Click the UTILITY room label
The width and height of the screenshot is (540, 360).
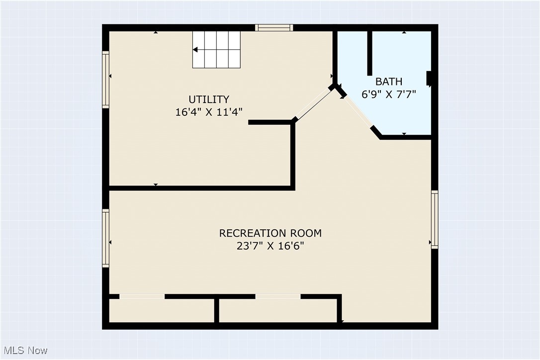coord(209,99)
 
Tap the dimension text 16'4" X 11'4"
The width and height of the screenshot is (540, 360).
coord(209,112)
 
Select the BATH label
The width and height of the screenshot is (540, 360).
coord(389,82)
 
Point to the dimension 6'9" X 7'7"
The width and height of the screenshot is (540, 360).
coord(389,93)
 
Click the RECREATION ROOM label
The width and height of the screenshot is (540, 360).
coord(270,233)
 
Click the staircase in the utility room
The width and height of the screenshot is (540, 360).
coord(217,49)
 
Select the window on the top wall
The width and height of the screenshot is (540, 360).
coord(274,28)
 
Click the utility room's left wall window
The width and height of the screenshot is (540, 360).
coord(105,80)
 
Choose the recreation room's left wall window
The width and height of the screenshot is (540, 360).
coord(105,238)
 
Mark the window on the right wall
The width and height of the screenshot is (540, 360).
coord(435,219)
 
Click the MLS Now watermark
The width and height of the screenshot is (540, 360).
coord(24,351)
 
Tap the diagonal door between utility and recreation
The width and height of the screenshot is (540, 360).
coord(313,104)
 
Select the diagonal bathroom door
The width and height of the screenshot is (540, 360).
coord(358,111)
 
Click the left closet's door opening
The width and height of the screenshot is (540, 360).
coord(142,296)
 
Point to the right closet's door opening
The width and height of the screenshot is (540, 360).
coord(278,296)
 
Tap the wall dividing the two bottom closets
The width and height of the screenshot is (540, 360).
coord(217,310)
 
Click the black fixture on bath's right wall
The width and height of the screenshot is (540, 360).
coord(429,79)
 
